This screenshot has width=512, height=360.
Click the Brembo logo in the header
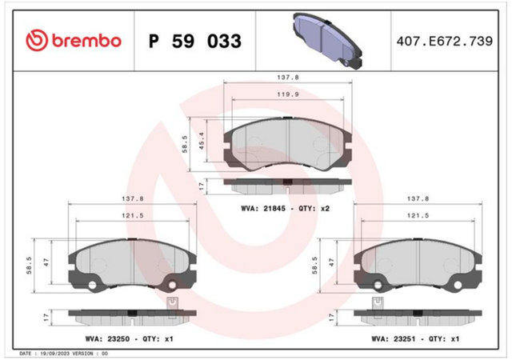pos(74,41)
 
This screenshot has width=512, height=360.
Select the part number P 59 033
pos(195,41)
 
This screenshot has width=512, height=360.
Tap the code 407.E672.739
pos(445,41)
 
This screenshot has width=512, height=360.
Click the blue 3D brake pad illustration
pos(327,41)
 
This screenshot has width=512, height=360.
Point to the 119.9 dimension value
pos(288,94)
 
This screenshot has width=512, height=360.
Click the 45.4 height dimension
pos(202,141)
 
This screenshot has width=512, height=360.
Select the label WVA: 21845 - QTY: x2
pos(286,209)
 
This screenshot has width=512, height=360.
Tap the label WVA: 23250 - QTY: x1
pos(130,339)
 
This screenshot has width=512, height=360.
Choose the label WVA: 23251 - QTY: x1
pos(415,339)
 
